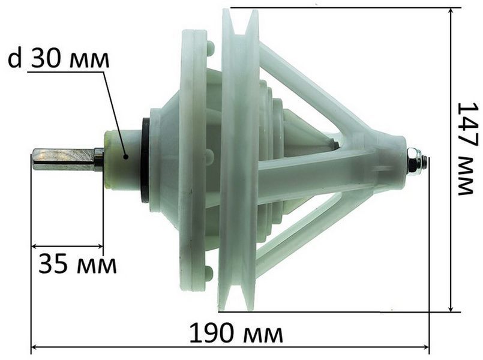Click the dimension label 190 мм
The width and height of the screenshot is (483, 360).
coord(236,334)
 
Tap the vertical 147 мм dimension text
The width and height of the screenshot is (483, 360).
coord(468,148)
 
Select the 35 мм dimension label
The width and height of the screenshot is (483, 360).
coord(77,264)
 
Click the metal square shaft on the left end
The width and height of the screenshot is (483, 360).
coord(68,160)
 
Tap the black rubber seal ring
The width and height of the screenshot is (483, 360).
coord(145,160)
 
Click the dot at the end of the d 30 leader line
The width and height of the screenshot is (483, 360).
coord(125,157)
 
